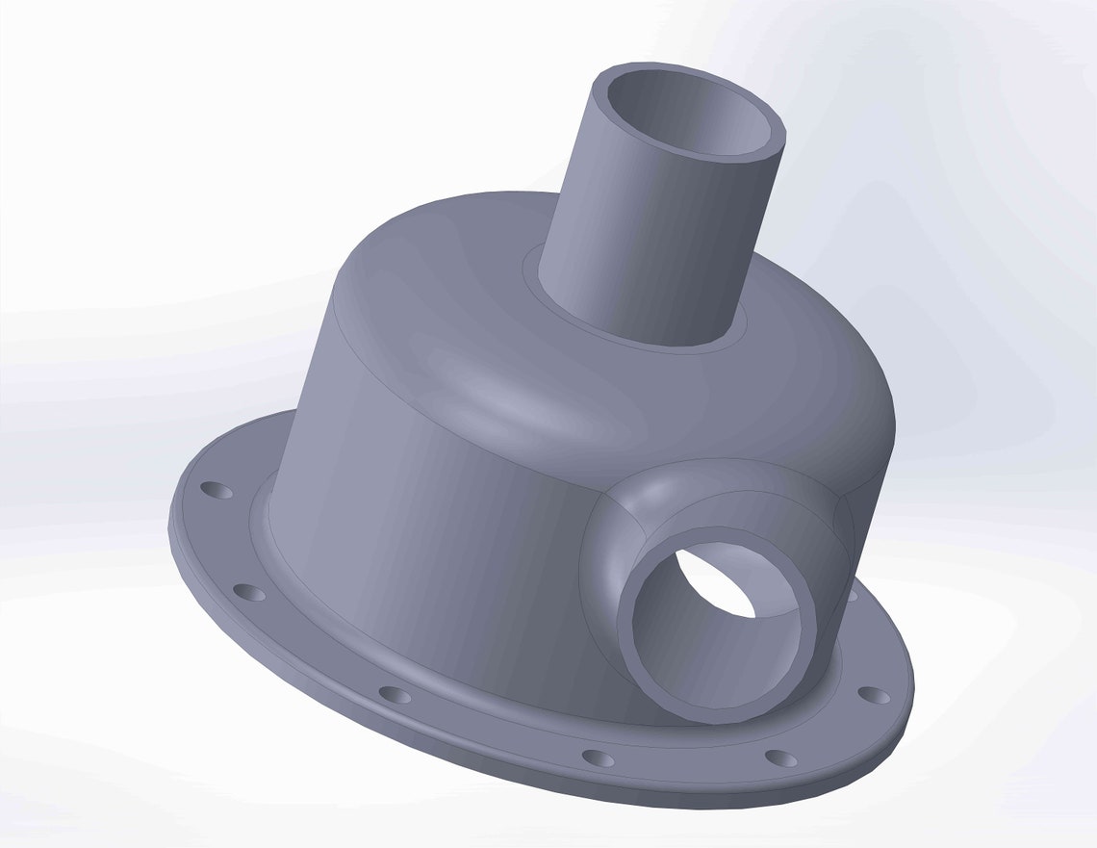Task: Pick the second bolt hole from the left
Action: pyautogui.click(x=248, y=592)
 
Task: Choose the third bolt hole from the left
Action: pyautogui.click(x=395, y=694)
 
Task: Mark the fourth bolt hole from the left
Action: pyautogui.click(x=598, y=758)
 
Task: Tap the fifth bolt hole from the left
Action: pyautogui.click(x=781, y=758)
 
